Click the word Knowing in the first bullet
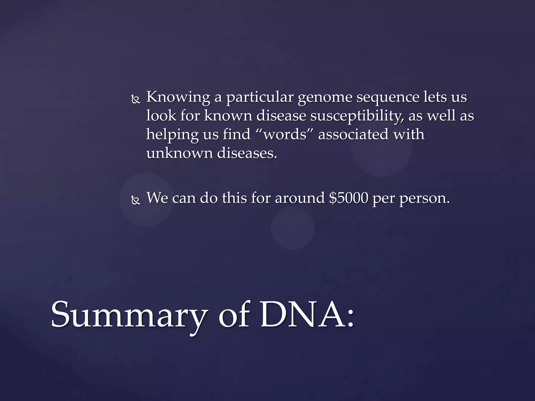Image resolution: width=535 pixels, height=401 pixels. coord(178,97)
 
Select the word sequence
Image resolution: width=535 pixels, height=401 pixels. coord(388,97)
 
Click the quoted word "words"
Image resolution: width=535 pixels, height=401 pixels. coord(285,134)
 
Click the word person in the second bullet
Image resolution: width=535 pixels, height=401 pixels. coord(424,198)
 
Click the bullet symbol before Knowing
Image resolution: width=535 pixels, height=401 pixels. coord(136,99)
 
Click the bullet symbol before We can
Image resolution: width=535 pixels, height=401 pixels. coord(136,200)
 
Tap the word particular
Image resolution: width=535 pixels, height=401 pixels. coord(260,97)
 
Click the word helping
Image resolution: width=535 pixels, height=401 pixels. coord(172,135)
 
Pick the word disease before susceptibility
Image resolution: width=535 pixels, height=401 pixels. coord(281,116)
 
